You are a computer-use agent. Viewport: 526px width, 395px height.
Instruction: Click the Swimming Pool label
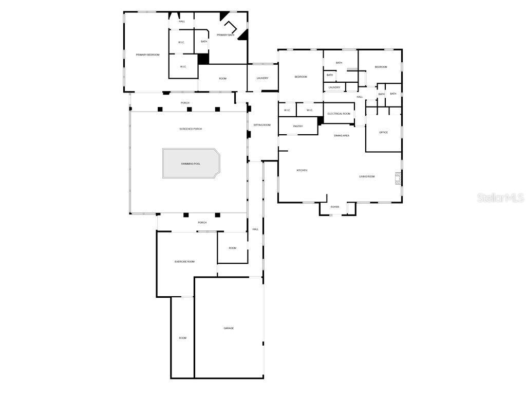[191, 164]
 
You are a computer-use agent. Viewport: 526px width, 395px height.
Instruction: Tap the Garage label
[229, 328]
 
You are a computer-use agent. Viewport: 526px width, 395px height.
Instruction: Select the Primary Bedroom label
[147, 55]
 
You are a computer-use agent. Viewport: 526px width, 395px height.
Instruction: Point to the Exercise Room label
[184, 262]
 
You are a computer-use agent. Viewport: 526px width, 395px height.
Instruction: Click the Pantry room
[298, 126]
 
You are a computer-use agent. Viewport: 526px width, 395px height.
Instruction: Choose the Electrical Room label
[339, 114]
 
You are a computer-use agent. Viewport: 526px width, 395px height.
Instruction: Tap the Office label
[383, 133]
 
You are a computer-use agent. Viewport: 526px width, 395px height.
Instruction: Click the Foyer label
[335, 207]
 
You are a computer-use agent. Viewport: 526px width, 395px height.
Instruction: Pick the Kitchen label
[302, 170]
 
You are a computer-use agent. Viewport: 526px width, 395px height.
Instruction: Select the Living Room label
[367, 176]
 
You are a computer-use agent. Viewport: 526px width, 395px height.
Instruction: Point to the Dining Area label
[342, 136]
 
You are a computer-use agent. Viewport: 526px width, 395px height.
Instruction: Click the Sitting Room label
[262, 125]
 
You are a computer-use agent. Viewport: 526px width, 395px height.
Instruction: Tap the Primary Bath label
[226, 35]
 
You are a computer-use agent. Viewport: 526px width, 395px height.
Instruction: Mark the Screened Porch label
[191, 129]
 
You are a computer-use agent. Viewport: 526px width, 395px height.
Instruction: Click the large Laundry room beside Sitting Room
[262, 78]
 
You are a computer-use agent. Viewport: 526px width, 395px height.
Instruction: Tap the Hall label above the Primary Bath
[182, 22]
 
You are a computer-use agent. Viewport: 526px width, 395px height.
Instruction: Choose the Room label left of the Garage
[183, 338]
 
